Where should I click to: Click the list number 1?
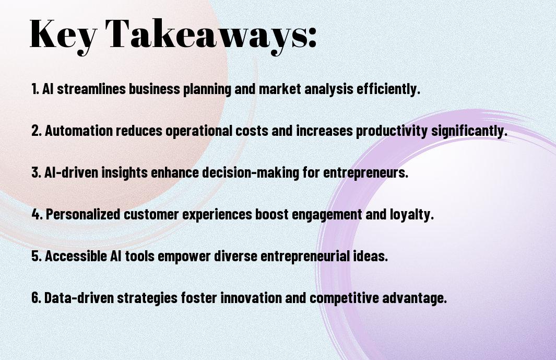point(35,89)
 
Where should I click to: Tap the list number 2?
point(37,131)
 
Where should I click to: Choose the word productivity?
point(392,131)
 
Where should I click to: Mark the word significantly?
point(469,131)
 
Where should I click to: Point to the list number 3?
point(37,172)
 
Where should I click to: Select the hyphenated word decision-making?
point(251,173)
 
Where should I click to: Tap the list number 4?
point(37,214)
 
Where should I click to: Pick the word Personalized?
point(83,214)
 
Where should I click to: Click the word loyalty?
point(412,214)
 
